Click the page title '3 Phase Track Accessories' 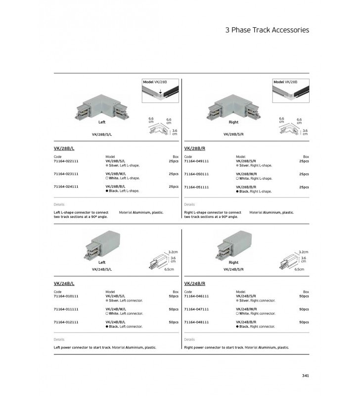click(x=267, y=30)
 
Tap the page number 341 click(x=305, y=375)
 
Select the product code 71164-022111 click(x=66, y=161)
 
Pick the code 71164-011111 click(x=66, y=309)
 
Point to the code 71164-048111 click(x=196, y=322)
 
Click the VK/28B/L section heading click(x=64, y=148)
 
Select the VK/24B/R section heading click(x=194, y=284)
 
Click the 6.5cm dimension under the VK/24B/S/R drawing click(x=299, y=269)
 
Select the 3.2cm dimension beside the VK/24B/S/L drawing click(x=173, y=252)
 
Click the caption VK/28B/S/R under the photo click(x=233, y=134)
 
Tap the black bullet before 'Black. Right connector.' click(x=238, y=327)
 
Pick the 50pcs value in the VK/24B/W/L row click(x=174, y=309)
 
